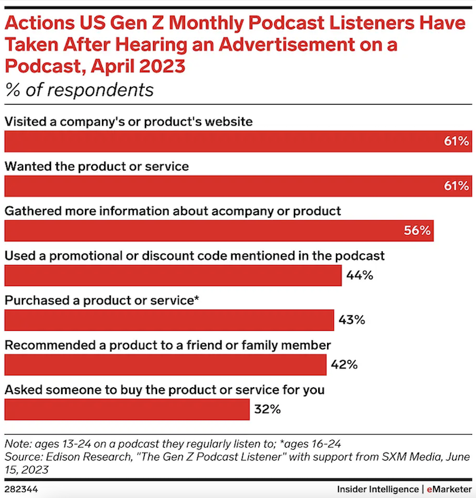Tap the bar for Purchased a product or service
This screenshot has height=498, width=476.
[x=169, y=320]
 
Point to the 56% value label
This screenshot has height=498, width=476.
[x=418, y=230]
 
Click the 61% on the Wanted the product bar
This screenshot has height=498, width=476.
[x=456, y=185]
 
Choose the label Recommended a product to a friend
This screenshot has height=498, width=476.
[x=168, y=345]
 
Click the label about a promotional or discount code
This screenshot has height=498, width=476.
[x=194, y=255]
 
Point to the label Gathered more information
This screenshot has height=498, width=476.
[x=173, y=211]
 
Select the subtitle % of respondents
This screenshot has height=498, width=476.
[x=79, y=90]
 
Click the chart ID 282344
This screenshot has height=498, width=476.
[x=23, y=488]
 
